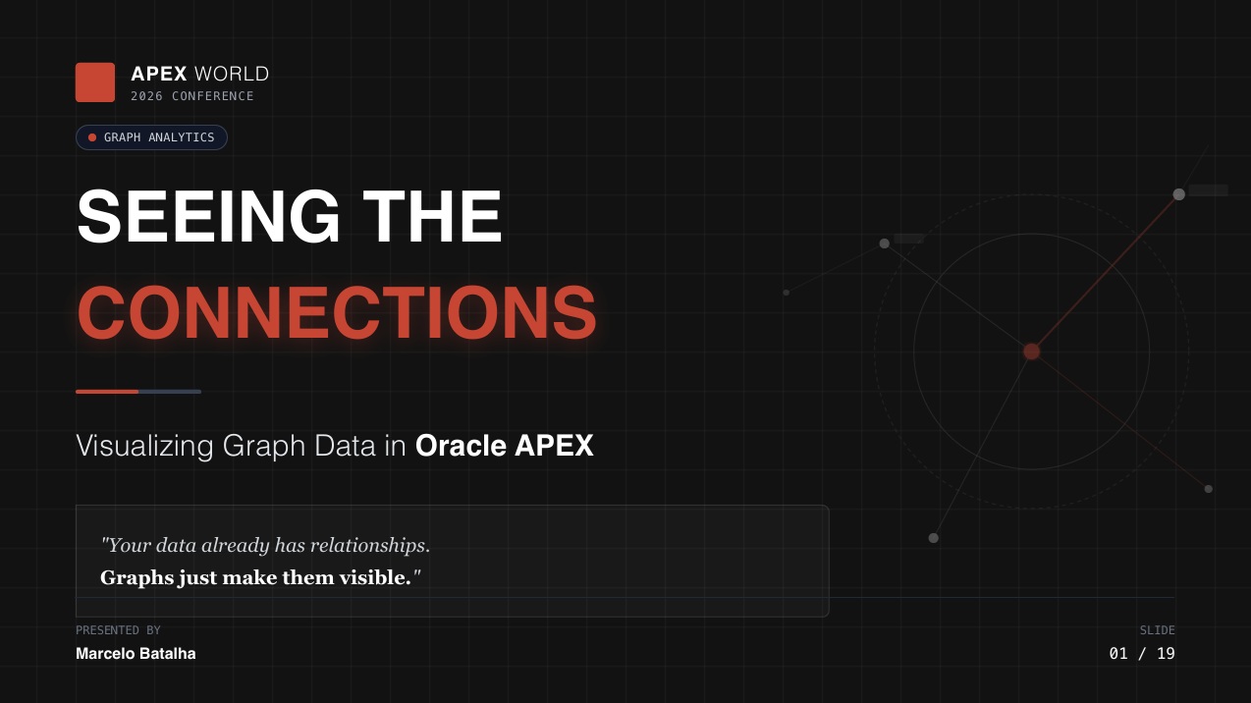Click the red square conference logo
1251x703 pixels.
[x=95, y=82]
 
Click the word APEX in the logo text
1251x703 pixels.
[x=158, y=74]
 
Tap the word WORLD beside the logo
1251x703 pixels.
[x=232, y=74]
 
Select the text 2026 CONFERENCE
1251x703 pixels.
[x=192, y=96]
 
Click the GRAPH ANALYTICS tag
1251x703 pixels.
[x=152, y=137]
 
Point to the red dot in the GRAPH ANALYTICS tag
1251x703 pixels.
[x=92, y=137]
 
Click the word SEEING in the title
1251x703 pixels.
[x=208, y=217]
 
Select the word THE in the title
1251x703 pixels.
[x=432, y=217]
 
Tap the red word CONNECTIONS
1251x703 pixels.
[x=336, y=313]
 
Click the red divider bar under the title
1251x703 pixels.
[x=107, y=392]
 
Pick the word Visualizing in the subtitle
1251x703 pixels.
[x=144, y=446]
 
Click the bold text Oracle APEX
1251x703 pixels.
[x=505, y=446]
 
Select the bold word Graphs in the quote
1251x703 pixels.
[x=136, y=577]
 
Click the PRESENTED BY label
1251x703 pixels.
[x=118, y=630]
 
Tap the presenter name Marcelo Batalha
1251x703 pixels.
[x=136, y=654]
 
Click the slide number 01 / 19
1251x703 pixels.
[x=1142, y=654]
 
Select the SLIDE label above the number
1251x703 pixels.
[x=1157, y=630]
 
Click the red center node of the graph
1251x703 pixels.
[x=1031, y=351]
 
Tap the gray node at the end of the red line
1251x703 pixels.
[x=1179, y=194]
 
